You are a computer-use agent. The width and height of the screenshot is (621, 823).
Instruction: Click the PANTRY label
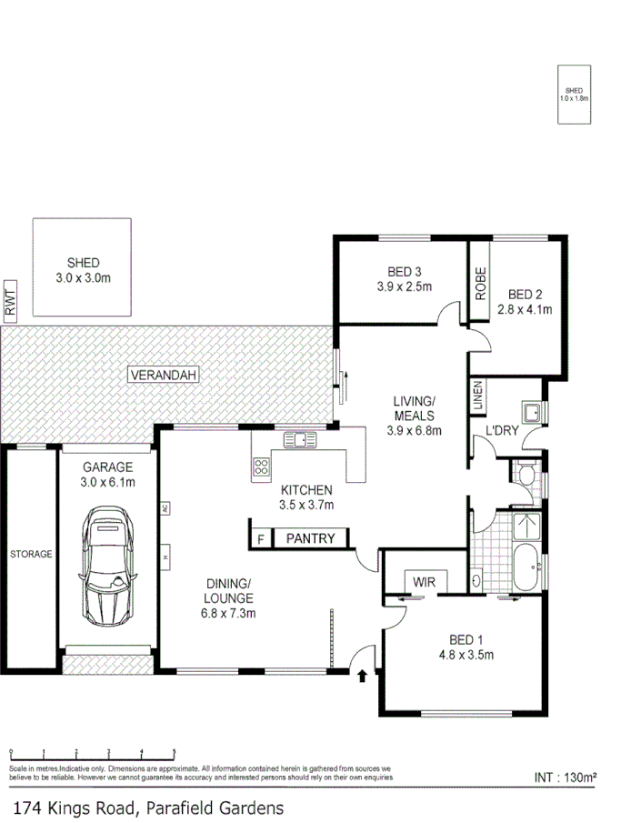point(310,538)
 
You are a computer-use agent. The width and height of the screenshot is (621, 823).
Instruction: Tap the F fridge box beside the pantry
point(260,538)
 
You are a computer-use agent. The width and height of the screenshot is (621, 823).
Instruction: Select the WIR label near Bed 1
point(424,580)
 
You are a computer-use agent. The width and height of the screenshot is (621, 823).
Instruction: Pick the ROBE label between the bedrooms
point(480,284)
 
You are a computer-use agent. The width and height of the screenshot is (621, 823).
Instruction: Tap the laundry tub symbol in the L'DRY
point(530,412)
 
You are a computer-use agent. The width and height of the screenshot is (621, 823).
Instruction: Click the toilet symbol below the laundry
point(526,473)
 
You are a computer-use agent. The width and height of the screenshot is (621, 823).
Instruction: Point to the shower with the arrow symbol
point(525,527)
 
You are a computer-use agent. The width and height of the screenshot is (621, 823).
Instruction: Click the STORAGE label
point(31,554)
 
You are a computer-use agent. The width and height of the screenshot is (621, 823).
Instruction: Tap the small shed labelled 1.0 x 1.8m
point(574,94)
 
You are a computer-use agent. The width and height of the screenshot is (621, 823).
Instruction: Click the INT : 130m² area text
point(565,778)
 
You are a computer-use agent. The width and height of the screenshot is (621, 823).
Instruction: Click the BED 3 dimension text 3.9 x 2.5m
point(404,286)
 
